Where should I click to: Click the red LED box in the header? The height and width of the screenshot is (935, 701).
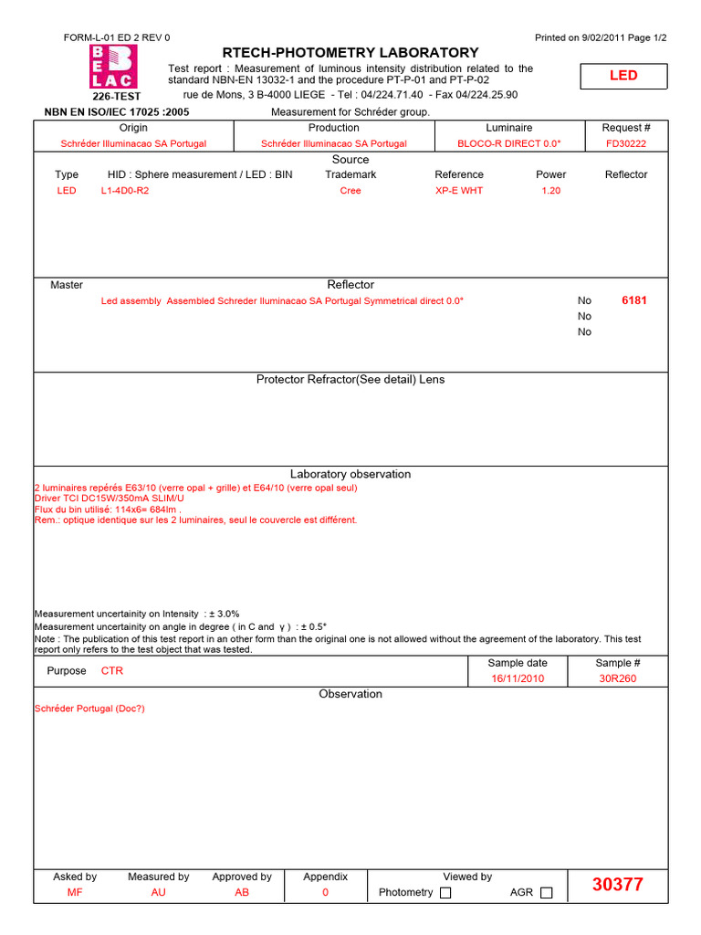pyautogui.click(x=623, y=76)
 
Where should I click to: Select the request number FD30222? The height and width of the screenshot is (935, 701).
pyautogui.click(x=626, y=143)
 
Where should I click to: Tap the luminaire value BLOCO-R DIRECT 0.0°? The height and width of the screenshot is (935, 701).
pyautogui.click(x=509, y=143)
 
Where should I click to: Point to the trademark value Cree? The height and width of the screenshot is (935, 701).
pyautogui.click(x=350, y=191)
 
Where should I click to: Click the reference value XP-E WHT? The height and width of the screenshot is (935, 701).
pyautogui.click(x=459, y=191)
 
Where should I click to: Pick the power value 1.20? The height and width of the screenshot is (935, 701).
pyautogui.click(x=550, y=191)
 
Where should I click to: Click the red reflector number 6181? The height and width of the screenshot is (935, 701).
pyautogui.click(x=633, y=300)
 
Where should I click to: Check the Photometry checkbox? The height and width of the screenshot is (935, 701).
pyautogui.click(x=445, y=893)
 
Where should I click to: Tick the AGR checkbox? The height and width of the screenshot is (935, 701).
pyautogui.click(x=546, y=893)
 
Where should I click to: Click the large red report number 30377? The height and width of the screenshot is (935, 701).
pyautogui.click(x=617, y=884)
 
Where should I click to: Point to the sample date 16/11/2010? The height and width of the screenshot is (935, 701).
pyautogui.click(x=518, y=678)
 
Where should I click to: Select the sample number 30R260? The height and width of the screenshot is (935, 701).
pyautogui.click(x=618, y=678)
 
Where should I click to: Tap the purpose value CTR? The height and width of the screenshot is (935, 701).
pyautogui.click(x=111, y=670)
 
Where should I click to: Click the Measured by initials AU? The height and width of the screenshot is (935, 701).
pyautogui.click(x=158, y=892)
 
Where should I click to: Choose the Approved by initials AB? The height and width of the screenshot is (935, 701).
pyautogui.click(x=242, y=892)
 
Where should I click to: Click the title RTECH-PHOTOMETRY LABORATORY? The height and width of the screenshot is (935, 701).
pyautogui.click(x=350, y=53)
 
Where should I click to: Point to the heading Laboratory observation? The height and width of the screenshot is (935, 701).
pyautogui.click(x=350, y=474)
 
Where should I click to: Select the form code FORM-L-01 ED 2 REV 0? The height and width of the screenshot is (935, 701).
pyautogui.click(x=117, y=37)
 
